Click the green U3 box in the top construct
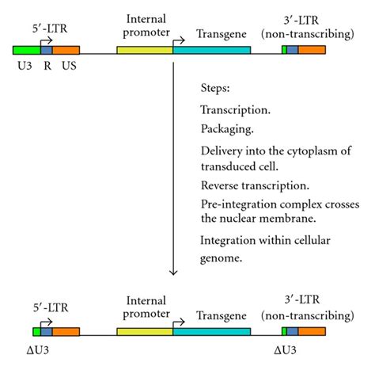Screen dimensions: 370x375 coord(26,49)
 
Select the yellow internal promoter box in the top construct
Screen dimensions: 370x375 coord(145,49)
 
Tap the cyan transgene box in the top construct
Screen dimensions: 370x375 coord(211,49)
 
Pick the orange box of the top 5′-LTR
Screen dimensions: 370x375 coord(66,49)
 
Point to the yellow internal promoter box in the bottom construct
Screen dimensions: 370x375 coord(145,330)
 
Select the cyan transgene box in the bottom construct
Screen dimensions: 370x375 coord(211,330)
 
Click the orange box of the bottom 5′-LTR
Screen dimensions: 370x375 coord(66,330)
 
